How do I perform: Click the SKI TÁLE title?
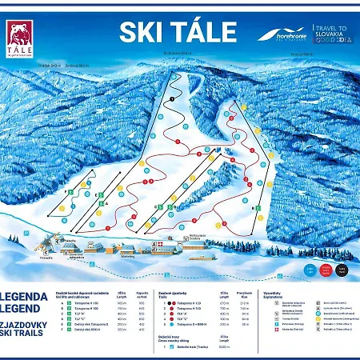(178, 32)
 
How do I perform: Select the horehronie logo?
(282, 35)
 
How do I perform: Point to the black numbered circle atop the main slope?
(171, 98)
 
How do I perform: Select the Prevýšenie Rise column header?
(246, 296)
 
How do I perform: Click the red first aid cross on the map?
(158, 241)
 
